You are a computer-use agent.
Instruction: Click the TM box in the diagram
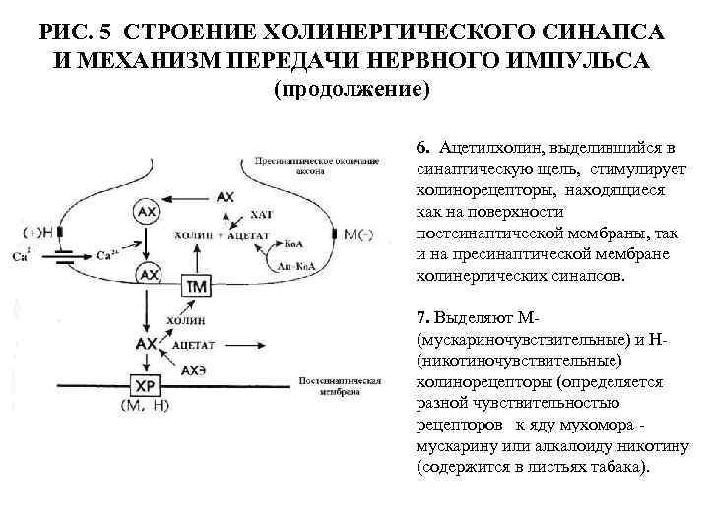(x=195, y=285)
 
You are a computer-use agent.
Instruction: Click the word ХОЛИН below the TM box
(x=188, y=320)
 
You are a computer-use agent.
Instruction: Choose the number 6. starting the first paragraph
(x=422, y=148)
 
